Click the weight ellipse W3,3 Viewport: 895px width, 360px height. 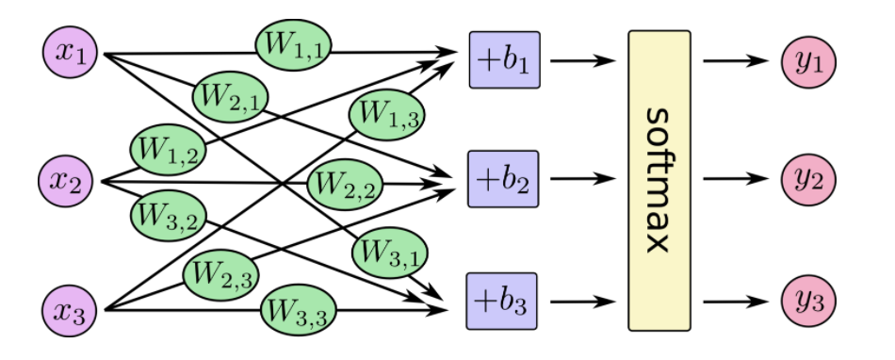[x=294, y=308]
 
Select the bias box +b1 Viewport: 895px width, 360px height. [x=503, y=59]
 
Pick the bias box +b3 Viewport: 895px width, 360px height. [x=503, y=302]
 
